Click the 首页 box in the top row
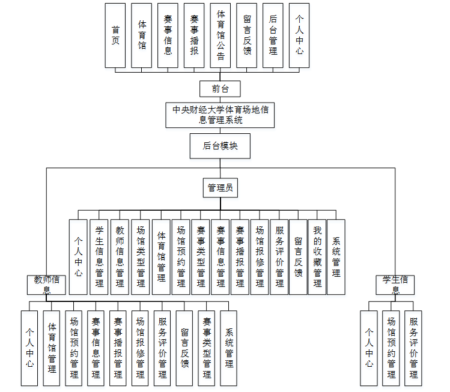pyautogui.click(x=115, y=35)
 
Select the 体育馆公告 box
pyautogui.click(x=220, y=35)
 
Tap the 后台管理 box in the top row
pyautogui.click(x=273, y=35)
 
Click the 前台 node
pyautogui.click(x=220, y=89)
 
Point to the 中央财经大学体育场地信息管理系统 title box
pyautogui.click(x=220, y=115)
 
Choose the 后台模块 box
pyautogui.click(x=220, y=146)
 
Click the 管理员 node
pyautogui.click(x=220, y=188)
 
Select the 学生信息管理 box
pyautogui.click(x=100, y=256)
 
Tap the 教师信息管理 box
pyautogui.click(x=120, y=256)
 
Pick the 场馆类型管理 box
pyautogui.click(x=141, y=256)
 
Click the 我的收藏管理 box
pyautogui.click(x=317, y=256)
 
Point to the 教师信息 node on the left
pyautogui.click(x=46, y=284)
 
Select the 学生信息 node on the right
pyautogui.click(x=395, y=284)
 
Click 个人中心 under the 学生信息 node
pyautogui.click(x=369, y=348)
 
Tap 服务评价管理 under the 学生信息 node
pyautogui.click(x=413, y=348)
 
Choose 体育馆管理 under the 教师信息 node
pyautogui.click(x=52, y=348)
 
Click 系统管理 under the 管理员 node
pyautogui.click(x=336, y=256)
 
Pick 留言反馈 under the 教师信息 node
pyautogui.click(x=185, y=348)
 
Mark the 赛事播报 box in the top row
pyautogui.click(x=194, y=35)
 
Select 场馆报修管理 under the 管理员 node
pyautogui.click(x=260, y=256)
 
